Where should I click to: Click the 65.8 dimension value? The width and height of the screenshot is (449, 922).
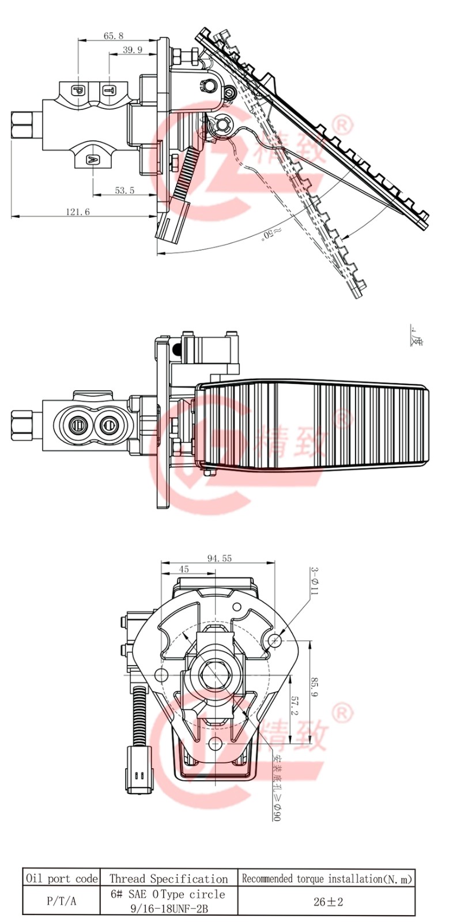click(114, 36)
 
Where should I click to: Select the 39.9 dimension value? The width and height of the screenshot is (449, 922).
click(133, 50)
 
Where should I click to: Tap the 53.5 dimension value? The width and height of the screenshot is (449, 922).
click(124, 190)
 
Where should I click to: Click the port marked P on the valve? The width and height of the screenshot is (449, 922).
click(77, 90)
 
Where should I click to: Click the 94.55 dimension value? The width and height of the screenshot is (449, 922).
click(219, 558)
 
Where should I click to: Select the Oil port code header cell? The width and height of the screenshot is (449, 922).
click(62, 879)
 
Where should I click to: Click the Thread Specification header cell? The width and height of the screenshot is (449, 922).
click(169, 879)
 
